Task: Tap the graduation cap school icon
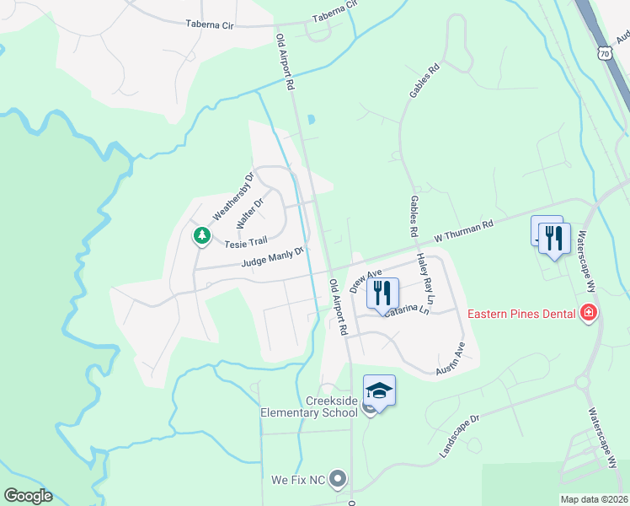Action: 379,390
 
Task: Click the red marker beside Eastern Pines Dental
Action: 589,315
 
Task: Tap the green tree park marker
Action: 201,235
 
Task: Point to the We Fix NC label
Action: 297,480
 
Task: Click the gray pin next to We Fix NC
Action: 339,480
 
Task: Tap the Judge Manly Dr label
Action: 271,257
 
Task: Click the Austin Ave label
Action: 451,358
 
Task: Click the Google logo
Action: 28,496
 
